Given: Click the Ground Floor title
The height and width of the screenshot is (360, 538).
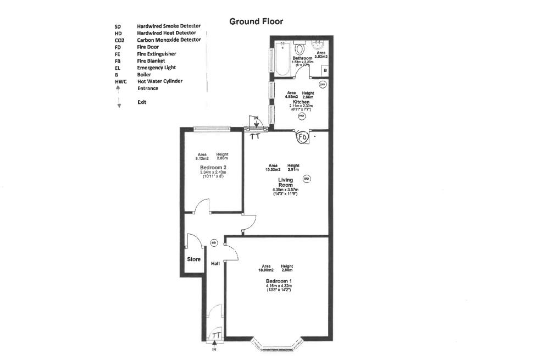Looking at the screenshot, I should click(256, 21).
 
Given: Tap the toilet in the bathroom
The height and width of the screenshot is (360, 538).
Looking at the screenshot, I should click(300, 47).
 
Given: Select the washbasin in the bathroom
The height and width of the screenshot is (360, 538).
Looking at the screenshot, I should click(318, 45).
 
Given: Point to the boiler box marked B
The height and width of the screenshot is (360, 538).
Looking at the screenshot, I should click(325, 71).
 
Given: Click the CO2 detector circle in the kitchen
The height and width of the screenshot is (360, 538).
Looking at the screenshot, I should click(323, 84).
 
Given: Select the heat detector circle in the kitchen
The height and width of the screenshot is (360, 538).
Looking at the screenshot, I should click(301, 116).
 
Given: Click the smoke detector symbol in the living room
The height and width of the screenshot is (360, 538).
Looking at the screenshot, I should click(307, 179).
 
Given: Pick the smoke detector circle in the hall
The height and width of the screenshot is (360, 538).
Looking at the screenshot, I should click(214, 242).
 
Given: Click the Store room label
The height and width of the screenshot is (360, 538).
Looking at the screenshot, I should click(193, 259).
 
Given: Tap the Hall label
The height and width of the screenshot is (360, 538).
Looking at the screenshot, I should click(215, 264).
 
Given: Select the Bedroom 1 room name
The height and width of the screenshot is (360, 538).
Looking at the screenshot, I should click(279, 281).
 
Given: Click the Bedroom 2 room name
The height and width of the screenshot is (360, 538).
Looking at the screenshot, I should click(213, 168).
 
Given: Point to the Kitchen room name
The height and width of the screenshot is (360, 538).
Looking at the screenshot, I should click(301, 102).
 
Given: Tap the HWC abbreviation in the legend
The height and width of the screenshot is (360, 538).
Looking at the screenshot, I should click(121, 81).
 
